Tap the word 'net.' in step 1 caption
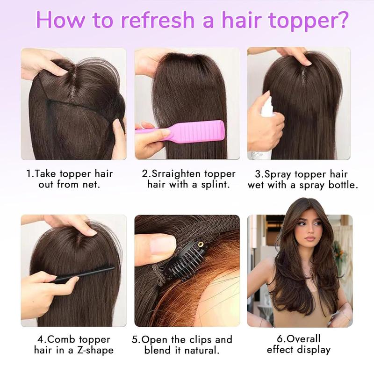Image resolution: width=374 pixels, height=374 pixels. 91,184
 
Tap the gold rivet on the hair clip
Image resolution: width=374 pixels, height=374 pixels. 201,244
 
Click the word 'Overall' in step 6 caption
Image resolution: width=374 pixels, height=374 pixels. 303,338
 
